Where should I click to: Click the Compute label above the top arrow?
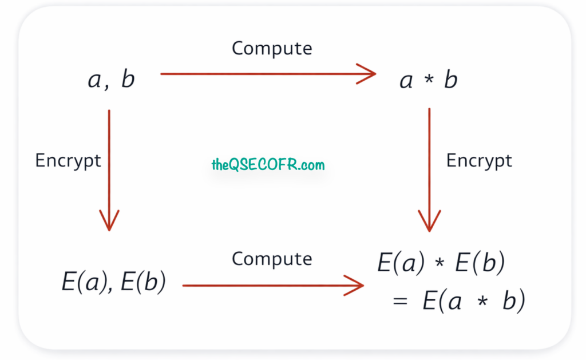(272, 49)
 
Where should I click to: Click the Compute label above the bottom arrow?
(272, 259)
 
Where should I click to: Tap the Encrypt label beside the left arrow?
(68, 161)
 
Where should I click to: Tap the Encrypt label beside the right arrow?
(479, 161)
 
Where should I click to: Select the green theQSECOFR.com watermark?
(268, 164)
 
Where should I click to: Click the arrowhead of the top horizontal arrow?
(368, 74)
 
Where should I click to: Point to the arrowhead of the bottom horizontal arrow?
(355, 286)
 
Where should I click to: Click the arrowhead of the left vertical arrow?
(109, 221)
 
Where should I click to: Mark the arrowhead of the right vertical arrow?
(429, 221)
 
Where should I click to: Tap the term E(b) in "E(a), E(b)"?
(143, 282)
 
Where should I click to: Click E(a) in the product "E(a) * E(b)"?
(401, 262)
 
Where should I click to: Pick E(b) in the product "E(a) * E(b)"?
(480, 262)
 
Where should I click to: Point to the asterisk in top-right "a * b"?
(429, 79)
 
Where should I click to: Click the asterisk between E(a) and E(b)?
(440, 262)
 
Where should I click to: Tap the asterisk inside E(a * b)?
(482, 300)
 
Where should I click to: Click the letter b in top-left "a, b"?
(128, 79)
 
